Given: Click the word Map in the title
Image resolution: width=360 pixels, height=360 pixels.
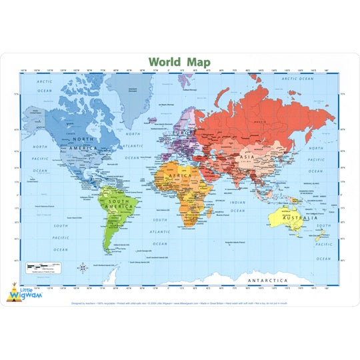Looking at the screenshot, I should click(x=197, y=62).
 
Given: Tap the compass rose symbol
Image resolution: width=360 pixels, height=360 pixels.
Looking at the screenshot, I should click(x=82, y=268).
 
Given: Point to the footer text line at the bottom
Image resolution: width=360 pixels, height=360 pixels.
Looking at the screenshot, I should click(x=180, y=301).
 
